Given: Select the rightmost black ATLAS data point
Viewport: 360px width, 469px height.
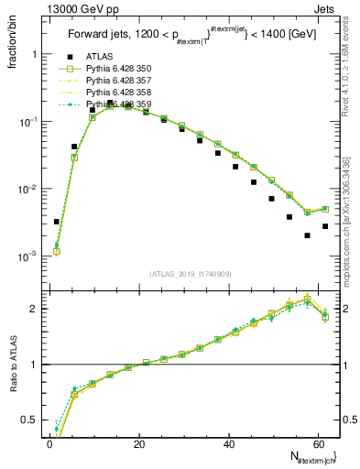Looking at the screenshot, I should coord(325,226).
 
